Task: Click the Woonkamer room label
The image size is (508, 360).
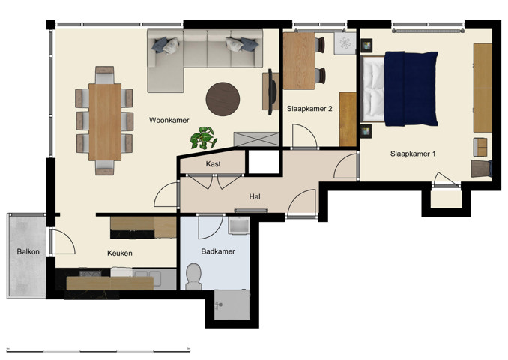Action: [169, 120]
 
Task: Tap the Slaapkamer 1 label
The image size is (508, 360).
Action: [413, 154]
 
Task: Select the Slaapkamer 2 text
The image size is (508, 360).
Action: [309, 109]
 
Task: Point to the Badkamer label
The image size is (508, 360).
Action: [218, 251]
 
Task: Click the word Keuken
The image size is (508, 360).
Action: [120, 253]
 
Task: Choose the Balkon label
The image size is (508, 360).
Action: [28, 252]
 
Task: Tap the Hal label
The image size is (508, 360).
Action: [255, 197]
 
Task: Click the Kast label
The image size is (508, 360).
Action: [213, 163]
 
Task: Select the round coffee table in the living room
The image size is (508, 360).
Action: [223, 96]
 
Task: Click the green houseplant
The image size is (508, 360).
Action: [203, 137]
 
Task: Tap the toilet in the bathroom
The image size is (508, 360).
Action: [194, 275]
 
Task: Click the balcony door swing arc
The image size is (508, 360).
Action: [63, 241]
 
